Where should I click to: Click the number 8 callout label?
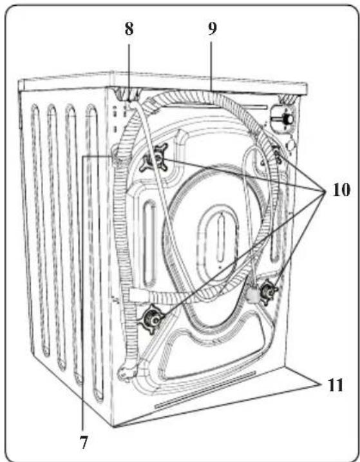pyautogui.click(x=129, y=28)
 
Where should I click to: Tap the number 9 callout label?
pyautogui.click(x=212, y=28)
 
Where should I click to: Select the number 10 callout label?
pyautogui.click(x=341, y=189)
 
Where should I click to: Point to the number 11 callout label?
pyautogui.click(x=336, y=385)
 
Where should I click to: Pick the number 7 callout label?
pyautogui.click(x=84, y=442)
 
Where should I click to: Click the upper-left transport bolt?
pyautogui.click(x=155, y=158)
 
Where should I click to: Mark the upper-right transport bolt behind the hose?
pyautogui.click(x=276, y=155)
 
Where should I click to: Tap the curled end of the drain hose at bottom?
pyautogui.click(x=127, y=372)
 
